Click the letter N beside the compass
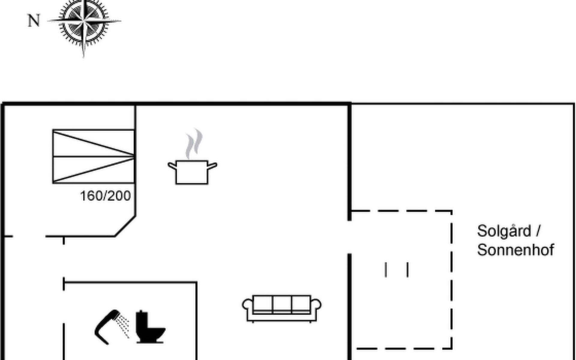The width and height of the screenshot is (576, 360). (x=34, y=21)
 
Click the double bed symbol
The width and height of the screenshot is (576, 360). (x=93, y=156)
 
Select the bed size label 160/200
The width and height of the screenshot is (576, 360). (x=105, y=196)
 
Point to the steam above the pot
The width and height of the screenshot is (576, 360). (x=194, y=143)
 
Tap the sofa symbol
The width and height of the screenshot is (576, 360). (x=282, y=308)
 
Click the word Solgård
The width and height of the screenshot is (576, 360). (x=504, y=231)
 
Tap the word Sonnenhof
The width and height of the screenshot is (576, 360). (x=515, y=250)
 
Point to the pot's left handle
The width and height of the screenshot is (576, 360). (x=172, y=166)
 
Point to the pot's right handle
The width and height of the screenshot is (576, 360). (x=212, y=166)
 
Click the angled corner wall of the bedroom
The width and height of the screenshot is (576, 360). (x=125, y=226)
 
